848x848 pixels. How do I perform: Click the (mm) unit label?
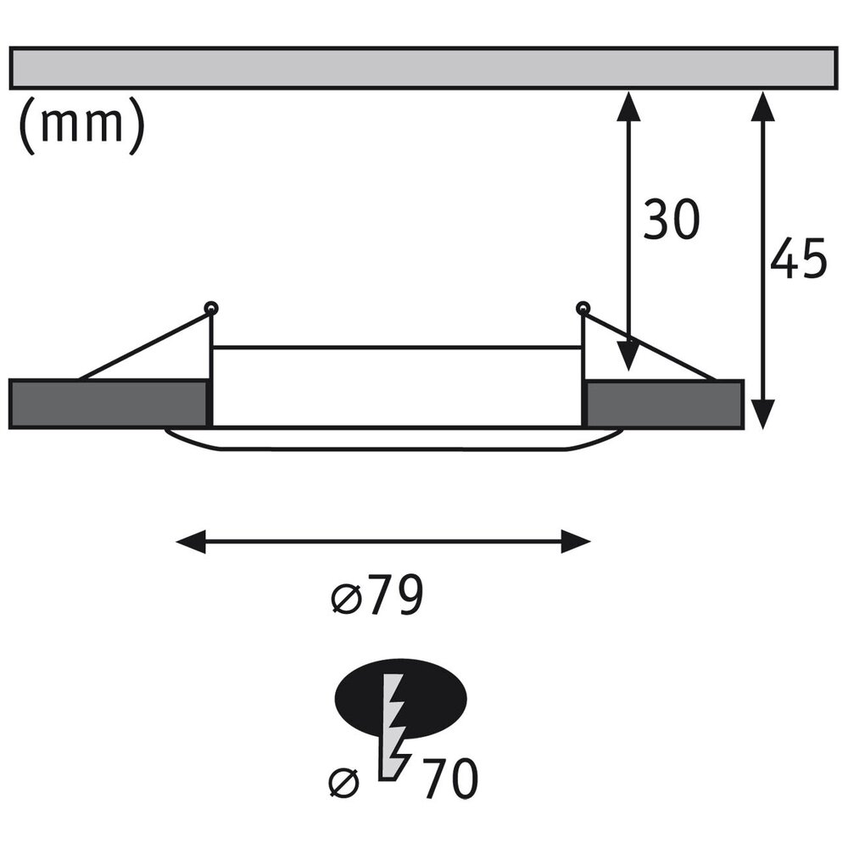[x=82, y=126]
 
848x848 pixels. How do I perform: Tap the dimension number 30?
[x=671, y=219]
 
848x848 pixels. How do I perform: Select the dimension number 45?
[x=799, y=258]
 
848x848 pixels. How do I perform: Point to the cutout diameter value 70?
[x=450, y=778]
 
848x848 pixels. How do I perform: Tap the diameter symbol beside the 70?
[x=344, y=783]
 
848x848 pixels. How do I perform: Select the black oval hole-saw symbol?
[x=401, y=698]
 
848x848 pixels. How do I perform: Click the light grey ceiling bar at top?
[x=423, y=68]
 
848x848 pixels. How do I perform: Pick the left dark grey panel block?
[x=109, y=404]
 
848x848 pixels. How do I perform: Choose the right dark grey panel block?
[x=665, y=404]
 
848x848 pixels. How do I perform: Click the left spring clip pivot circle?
[x=211, y=309]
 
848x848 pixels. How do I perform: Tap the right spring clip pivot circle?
[x=583, y=309]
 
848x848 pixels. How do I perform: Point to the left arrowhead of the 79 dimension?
[x=191, y=541]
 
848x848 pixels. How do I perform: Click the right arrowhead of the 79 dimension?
[x=576, y=541]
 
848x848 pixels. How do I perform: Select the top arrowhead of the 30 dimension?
[x=628, y=106]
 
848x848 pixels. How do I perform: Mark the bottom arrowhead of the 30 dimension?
[x=628, y=356]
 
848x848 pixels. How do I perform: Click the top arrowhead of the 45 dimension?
[x=763, y=106]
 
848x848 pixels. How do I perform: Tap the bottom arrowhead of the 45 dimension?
[x=763, y=415]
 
